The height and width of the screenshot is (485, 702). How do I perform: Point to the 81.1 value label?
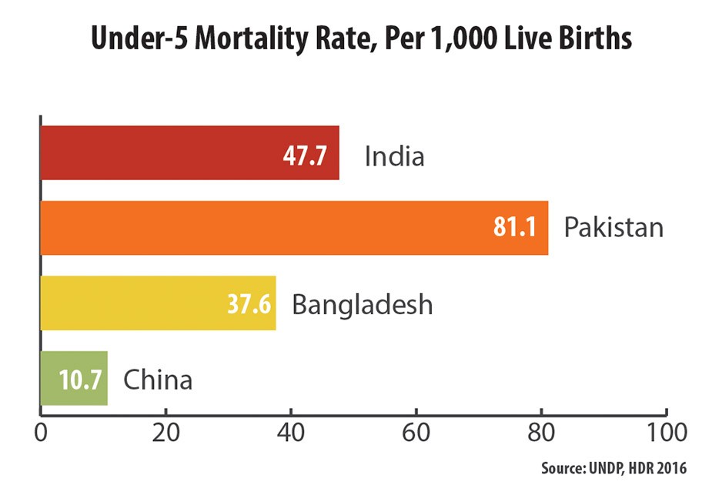click(516, 229)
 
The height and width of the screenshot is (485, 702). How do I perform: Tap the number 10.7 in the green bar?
click(80, 379)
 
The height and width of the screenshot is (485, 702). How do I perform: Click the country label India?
click(394, 157)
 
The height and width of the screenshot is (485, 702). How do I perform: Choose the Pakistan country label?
click(613, 229)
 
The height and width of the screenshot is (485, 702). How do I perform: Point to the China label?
click(157, 379)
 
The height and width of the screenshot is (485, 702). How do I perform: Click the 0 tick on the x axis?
click(40, 431)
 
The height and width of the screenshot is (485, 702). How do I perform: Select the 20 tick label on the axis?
click(165, 431)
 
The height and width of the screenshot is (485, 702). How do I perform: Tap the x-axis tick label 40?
click(290, 431)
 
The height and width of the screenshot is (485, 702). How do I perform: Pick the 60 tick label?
click(416, 431)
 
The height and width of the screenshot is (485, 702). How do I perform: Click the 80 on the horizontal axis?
click(541, 431)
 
